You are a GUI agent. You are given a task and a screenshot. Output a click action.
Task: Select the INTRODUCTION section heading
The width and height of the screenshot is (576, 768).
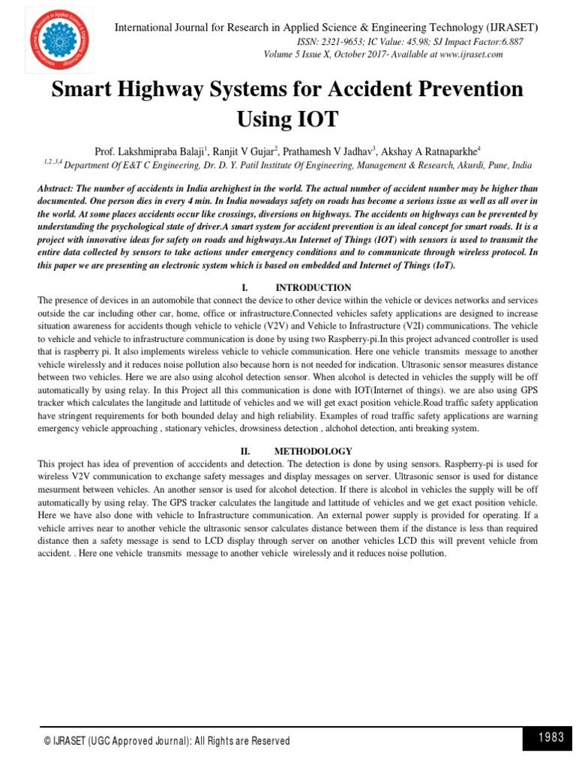click(x=313, y=287)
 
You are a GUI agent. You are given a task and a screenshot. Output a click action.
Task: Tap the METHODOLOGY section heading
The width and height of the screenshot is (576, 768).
click(x=313, y=451)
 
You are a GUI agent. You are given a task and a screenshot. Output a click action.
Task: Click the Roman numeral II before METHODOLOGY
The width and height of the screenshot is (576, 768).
click(x=244, y=451)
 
